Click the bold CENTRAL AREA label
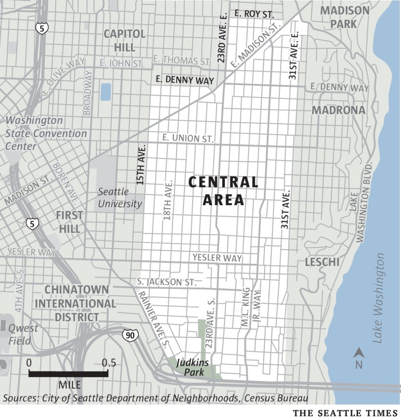(223, 191)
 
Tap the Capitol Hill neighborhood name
(125, 40)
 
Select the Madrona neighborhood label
(338, 110)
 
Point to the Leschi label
(322, 262)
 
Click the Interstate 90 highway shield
(130, 335)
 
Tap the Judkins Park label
(192, 367)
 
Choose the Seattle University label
(120, 198)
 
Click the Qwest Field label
(23, 334)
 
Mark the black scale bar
(68, 373)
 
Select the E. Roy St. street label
(254, 14)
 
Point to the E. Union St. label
(188, 138)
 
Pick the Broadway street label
(87, 93)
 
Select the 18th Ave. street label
(167, 200)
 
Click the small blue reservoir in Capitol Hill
(105, 92)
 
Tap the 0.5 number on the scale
(109, 363)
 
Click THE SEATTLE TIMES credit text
(346, 412)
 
